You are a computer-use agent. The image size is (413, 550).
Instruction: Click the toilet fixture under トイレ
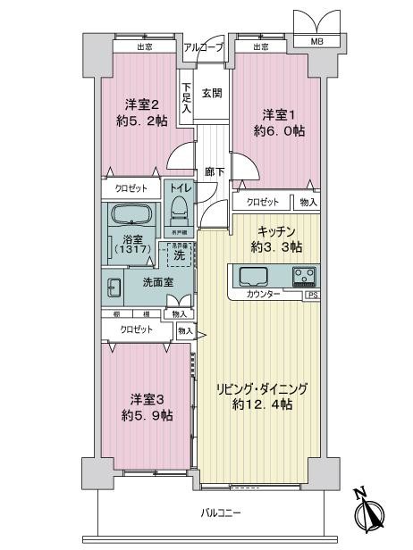point(178,212)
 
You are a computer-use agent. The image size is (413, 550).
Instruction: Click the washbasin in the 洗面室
point(114,288)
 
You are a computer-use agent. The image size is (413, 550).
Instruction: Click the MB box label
point(316,41)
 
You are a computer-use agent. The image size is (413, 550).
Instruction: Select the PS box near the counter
point(312,294)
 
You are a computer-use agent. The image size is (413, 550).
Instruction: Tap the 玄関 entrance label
point(211,92)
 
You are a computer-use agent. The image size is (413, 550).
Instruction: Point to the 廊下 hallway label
point(214,170)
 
